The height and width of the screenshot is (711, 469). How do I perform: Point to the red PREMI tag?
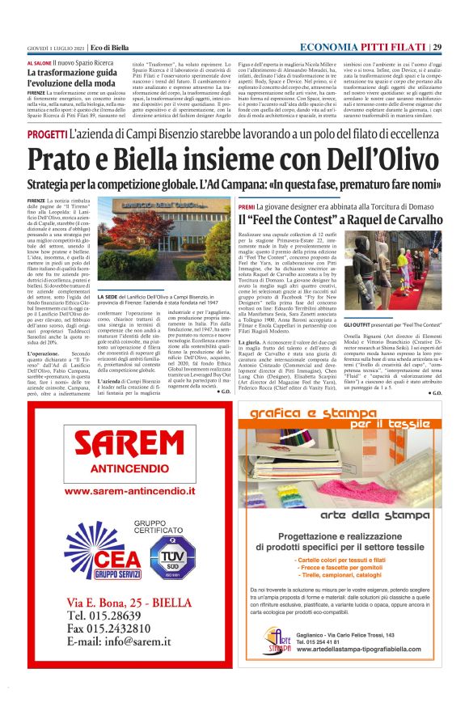247,206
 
